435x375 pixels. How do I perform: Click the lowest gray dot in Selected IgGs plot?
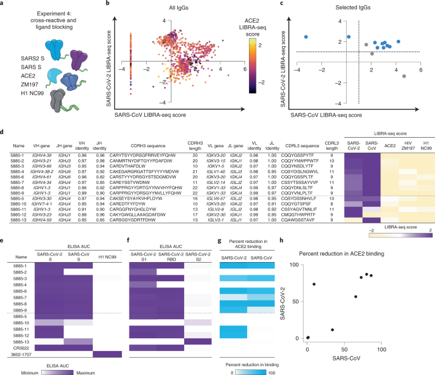coord(405,76)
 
